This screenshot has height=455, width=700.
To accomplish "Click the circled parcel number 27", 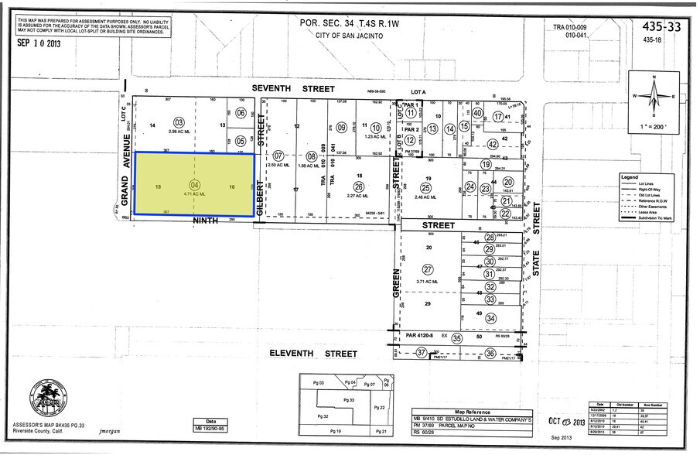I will click(x=428, y=269).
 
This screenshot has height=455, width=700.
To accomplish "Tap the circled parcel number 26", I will click(x=358, y=186).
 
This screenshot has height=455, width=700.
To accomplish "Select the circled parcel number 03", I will click(x=179, y=122).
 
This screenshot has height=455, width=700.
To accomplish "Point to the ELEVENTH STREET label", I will click(x=312, y=354).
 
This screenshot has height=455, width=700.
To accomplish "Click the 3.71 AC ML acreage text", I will click(x=428, y=282).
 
